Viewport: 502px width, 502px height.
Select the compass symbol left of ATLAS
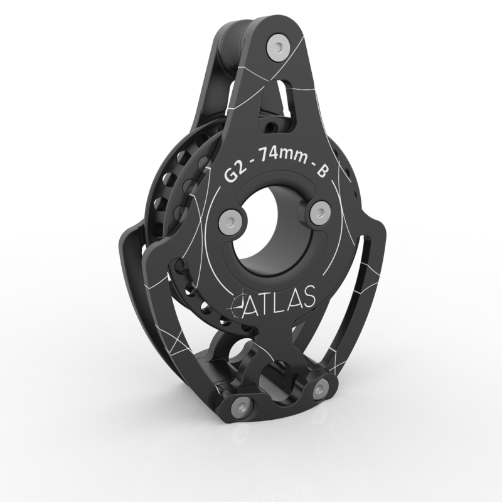pos(237,306)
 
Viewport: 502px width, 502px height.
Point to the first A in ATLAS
pos(252,304)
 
